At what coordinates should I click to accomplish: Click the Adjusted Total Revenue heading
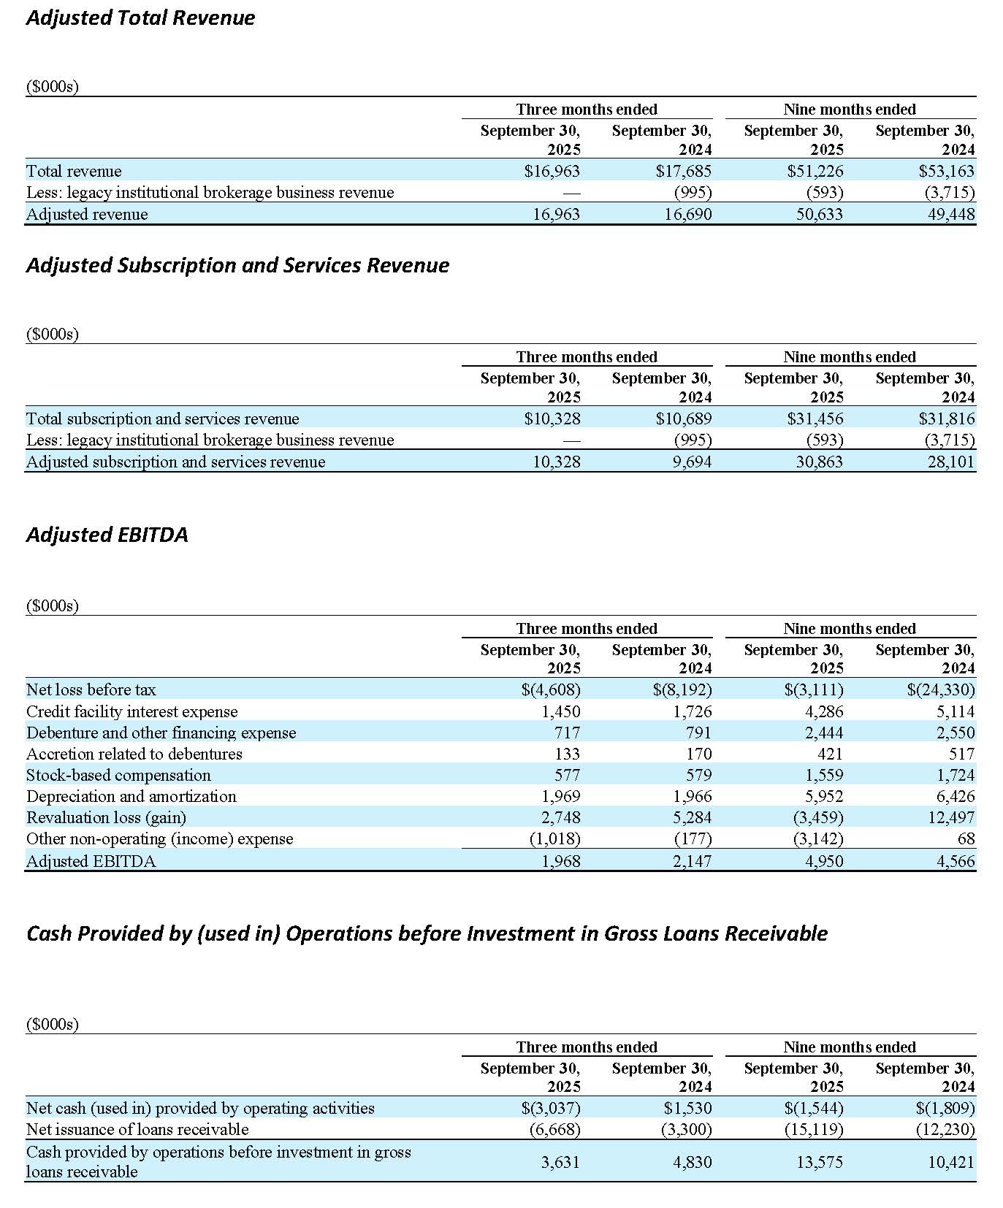coord(140,18)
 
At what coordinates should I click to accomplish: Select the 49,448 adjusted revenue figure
coord(950,214)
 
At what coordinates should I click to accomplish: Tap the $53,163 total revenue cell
coord(946,171)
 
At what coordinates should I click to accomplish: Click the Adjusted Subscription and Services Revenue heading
coord(237,265)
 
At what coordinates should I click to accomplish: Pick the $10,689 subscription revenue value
coord(683,418)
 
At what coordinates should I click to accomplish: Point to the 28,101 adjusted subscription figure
coord(950,462)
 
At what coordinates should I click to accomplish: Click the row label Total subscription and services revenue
coord(162,418)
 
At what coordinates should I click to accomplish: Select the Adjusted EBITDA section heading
coord(107,535)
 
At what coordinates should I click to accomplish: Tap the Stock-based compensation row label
coord(118,775)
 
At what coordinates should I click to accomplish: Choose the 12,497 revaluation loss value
coord(951,817)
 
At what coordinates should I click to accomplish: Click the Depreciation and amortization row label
coord(131,796)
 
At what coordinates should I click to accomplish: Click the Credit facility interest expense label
coord(132,711)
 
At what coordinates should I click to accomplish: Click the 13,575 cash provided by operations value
coord(820,1162)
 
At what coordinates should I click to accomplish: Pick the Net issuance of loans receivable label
coord(137,1129)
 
